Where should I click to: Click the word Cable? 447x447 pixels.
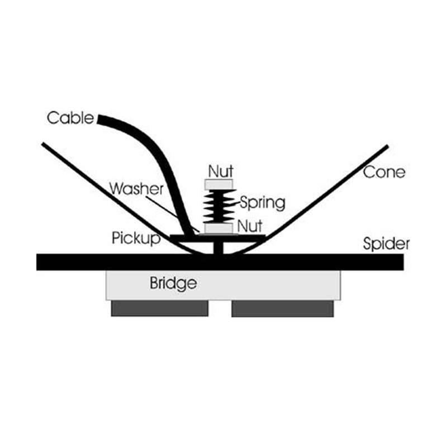70,118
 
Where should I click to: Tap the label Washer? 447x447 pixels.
136,188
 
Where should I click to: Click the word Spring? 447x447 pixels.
262,202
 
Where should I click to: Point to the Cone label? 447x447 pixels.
384,172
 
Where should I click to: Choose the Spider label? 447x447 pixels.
386,244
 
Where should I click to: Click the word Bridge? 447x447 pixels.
173,283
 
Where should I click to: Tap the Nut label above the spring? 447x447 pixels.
220,169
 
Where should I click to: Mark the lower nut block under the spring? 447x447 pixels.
219,228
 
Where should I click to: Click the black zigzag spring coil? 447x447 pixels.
219,206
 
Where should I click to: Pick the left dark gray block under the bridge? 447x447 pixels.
159,308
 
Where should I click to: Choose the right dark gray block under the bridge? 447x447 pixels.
283,308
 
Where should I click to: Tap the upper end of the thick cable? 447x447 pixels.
101,119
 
